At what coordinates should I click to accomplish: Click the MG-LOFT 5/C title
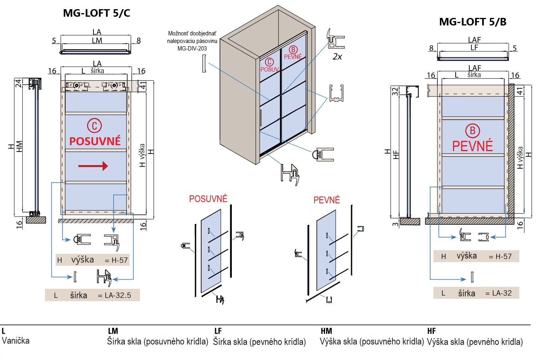97,13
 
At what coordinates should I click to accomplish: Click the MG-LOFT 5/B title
472,22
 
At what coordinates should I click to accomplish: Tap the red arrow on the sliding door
93,166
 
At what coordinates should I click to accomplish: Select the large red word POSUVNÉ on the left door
95,141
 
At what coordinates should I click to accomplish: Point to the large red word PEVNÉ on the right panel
472,146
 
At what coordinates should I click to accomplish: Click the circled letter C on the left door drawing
95,126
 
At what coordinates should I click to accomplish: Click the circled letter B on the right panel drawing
472,130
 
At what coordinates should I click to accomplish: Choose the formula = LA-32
499,293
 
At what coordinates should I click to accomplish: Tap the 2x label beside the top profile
337,56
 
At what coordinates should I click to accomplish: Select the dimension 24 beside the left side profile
18,83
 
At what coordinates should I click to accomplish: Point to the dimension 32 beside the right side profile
395,91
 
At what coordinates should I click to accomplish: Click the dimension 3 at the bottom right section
395,224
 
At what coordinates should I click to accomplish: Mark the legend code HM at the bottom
326,331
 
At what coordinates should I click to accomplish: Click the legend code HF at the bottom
431,331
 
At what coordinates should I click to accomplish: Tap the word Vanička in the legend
16,341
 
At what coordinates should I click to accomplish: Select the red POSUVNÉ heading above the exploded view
208,199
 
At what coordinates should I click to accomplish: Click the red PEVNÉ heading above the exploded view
326,200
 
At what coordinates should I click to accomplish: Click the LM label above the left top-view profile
97,40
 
